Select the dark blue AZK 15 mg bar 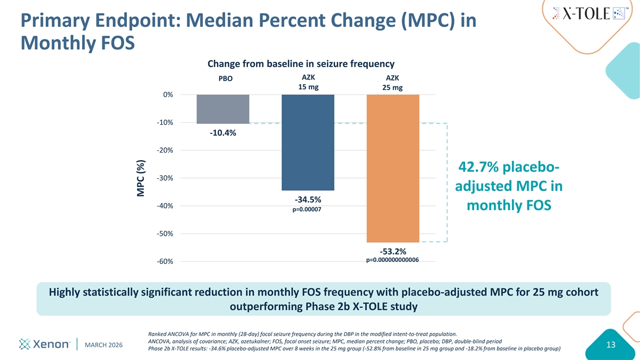click(x=308, y=142)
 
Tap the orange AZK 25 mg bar click(x=393, y=168)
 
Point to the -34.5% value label click(x=308, y=199)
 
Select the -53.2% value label click(x=393, y=251)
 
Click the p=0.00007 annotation click(x=308, y=210)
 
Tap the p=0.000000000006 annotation click(x=393, y=260)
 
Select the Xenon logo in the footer click(x=45, y=345)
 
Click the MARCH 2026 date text click(x=104, y=345)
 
